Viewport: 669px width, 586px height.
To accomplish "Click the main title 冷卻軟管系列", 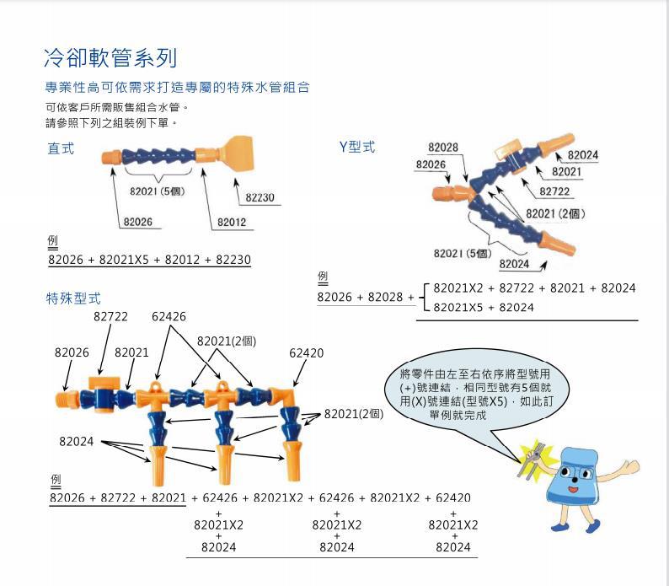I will click(x=110, y=58).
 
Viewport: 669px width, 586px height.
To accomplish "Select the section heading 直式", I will click(x=61, y=149).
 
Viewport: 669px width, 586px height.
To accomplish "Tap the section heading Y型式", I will click(x=357, y=148).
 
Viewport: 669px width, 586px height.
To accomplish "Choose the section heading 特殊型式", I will click(x=73, y=298).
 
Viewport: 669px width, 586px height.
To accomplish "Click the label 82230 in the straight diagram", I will click(x=260, y=197).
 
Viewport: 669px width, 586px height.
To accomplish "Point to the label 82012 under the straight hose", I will click(x=232, y=223).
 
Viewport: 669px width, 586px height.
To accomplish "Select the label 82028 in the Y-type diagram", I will click(x=443, y=148).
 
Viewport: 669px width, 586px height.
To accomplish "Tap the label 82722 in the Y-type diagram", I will click(x=554, y=191).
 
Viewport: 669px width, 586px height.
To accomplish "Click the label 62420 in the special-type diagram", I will click(x=306, y=353).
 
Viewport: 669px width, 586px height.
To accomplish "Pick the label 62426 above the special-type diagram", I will click(x=169, y=316).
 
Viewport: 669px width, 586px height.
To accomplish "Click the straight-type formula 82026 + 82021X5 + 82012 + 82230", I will click(x=149, y=260).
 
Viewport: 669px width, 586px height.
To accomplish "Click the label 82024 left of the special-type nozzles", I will click(x=76, y=441).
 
